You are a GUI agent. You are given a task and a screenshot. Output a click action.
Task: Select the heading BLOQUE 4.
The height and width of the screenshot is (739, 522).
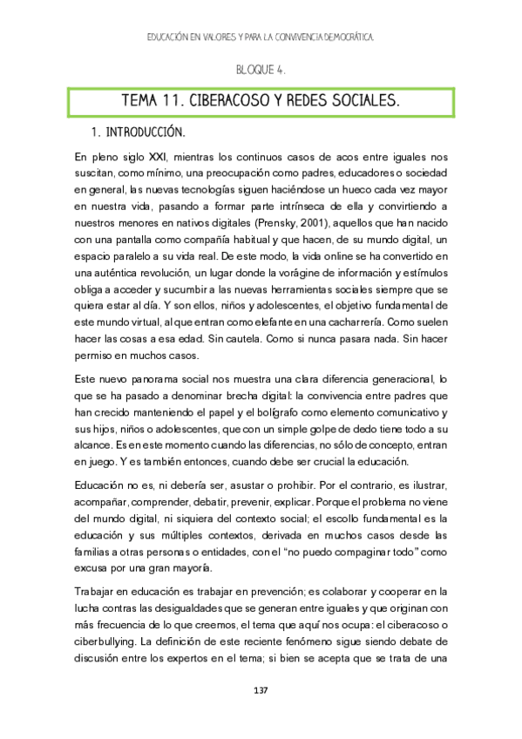click(261, 69)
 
